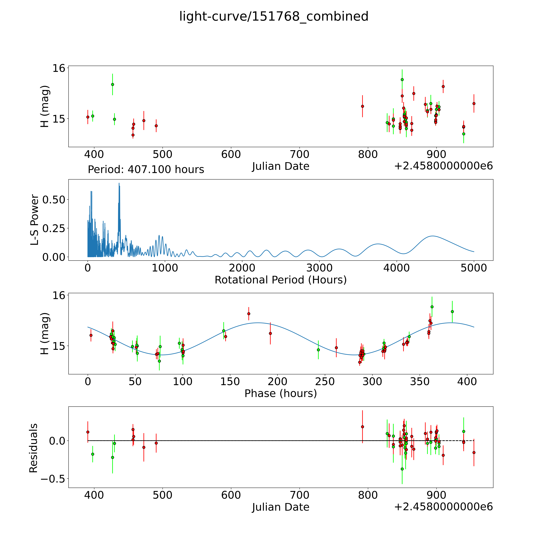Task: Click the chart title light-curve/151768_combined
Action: pos(274,16)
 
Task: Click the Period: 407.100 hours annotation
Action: pos(146,170)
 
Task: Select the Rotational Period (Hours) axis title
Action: pos(280,280)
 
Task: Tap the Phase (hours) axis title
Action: pos(280,393)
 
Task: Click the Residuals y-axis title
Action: pos(33,448)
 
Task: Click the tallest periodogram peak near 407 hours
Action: pos(119,183)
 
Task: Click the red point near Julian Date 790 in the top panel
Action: pos(362,106)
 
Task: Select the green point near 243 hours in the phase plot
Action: pos(318,350)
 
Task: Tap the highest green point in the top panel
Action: pos(402,80)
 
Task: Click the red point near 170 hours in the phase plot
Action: pos(249,314)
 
